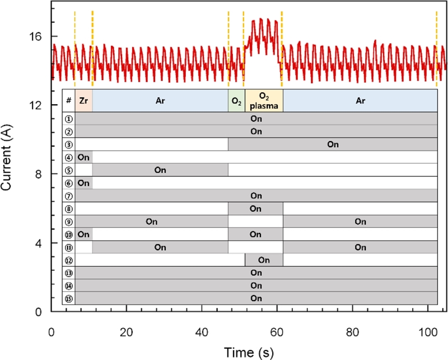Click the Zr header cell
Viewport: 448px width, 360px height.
point(83,100)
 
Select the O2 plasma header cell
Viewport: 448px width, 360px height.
point(264,100)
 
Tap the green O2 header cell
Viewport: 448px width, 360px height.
point(236,100)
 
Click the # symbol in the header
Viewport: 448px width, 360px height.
point(68,100)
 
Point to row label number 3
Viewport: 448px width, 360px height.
point(68,144)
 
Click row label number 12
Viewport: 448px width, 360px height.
point(68,260)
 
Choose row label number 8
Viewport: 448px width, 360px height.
point(68,209)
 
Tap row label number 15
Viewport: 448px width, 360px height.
point(68,298)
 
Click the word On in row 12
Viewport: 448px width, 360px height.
point(264,260)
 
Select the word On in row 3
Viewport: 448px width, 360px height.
point(333,144)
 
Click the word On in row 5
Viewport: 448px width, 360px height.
point(160,170)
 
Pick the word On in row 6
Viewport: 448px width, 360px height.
point(83,183)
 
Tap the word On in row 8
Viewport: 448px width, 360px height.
point(256,209)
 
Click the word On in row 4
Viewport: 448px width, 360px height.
point(83,157)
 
